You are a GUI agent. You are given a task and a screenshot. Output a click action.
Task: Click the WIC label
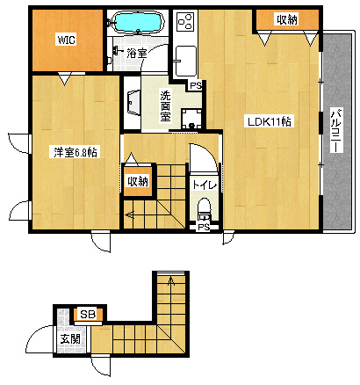[x=66, y=40]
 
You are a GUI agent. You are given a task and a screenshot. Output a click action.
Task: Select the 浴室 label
[x=137, y=53]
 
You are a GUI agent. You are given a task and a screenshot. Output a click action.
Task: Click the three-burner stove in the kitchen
[x=185, y=21]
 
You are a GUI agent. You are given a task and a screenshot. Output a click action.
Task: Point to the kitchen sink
[x=185, y=61]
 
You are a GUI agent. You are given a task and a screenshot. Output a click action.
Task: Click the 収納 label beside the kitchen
[x=287, y=19]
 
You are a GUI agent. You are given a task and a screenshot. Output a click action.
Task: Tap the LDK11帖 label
[x=270, y=121]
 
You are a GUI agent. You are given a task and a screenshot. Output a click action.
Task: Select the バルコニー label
[x=337, y=131]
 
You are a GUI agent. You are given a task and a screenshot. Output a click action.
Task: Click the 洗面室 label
[x=165, y=106]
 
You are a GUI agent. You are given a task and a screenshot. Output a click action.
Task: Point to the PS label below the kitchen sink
[x=196, y=85]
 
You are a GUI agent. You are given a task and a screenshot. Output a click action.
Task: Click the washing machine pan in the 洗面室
[x=191, y=120]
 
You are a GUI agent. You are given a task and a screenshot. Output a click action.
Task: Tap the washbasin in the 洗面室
[x=133, y=103]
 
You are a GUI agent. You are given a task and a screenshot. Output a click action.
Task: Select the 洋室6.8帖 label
[x=76, y=152]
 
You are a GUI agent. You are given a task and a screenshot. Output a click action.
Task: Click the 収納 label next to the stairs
[x=138, y=181]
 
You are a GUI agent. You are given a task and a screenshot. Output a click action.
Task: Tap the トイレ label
[x=205, y=185]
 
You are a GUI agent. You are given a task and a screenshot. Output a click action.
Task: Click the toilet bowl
[x=204, y=209]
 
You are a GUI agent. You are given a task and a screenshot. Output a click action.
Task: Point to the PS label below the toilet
[x=204, y=227]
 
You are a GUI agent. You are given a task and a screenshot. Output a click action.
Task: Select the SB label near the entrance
[x=88, y=315]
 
